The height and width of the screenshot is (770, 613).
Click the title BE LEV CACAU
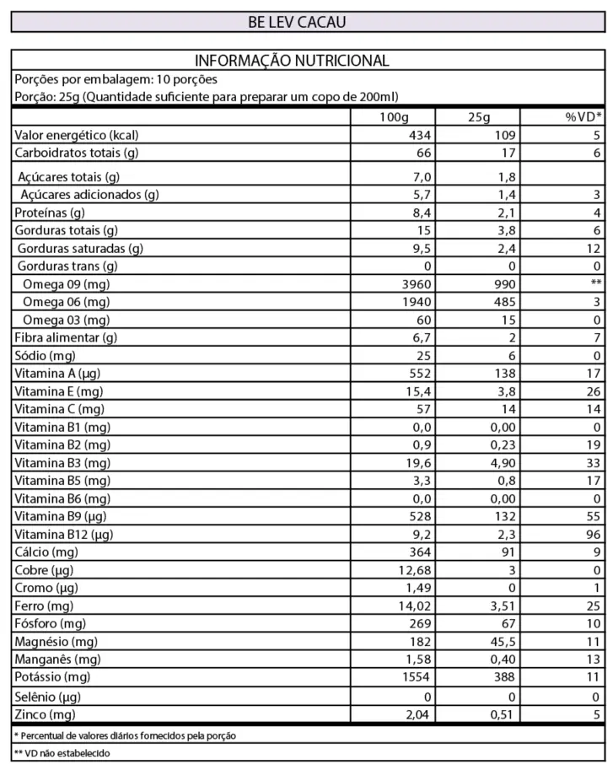point(296,22)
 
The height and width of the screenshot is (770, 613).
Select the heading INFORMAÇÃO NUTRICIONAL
point(292,61)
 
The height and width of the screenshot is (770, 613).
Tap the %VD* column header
point(583,116)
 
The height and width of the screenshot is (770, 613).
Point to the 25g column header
point(478,116)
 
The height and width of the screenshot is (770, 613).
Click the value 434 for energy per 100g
point(419,135)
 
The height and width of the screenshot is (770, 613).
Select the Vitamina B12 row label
point(64,534)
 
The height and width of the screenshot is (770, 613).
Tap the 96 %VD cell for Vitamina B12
point(593,534)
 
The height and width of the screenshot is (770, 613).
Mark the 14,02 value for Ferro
point(414,606)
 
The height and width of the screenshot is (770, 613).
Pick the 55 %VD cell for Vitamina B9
point(593,516)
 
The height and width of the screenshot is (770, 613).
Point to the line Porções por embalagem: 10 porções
point(116,79)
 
